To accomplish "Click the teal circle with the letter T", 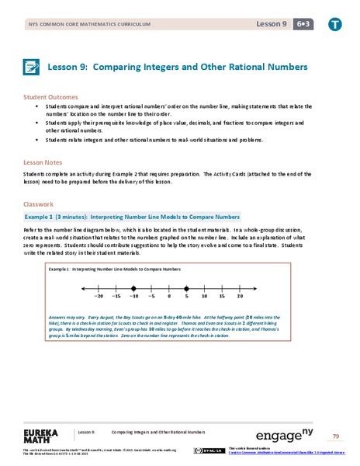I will point(334,26).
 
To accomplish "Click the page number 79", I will point(336,436).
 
